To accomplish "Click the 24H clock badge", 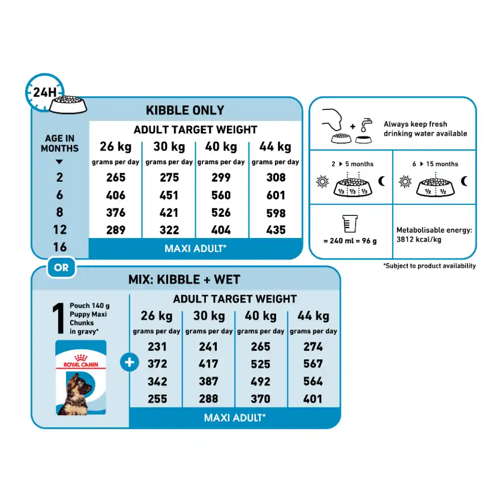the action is point(45,92).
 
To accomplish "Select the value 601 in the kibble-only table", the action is point(276,195).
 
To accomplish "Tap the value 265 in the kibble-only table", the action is point(116,178).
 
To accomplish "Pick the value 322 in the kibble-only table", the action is point(169,230).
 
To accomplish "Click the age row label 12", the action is point(60,229).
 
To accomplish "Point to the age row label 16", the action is point(60,247).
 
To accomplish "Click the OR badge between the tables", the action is point(61,268).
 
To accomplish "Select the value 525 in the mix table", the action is point(261,364).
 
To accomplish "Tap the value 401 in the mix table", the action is point(313,399).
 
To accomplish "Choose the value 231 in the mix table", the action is point(157,347).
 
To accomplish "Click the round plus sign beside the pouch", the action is point(130,362).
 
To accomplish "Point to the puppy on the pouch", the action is point(77,395).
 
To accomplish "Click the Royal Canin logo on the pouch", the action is point(81,361).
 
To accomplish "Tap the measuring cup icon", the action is point(349,223).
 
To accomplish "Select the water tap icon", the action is point(366,125).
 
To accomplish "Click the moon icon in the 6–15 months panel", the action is point(464,181).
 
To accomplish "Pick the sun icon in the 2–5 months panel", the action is point(322,182).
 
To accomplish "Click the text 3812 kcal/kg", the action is point(419,239).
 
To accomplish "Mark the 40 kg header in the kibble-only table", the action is point(221,147).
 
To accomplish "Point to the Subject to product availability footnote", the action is point(429,266).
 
